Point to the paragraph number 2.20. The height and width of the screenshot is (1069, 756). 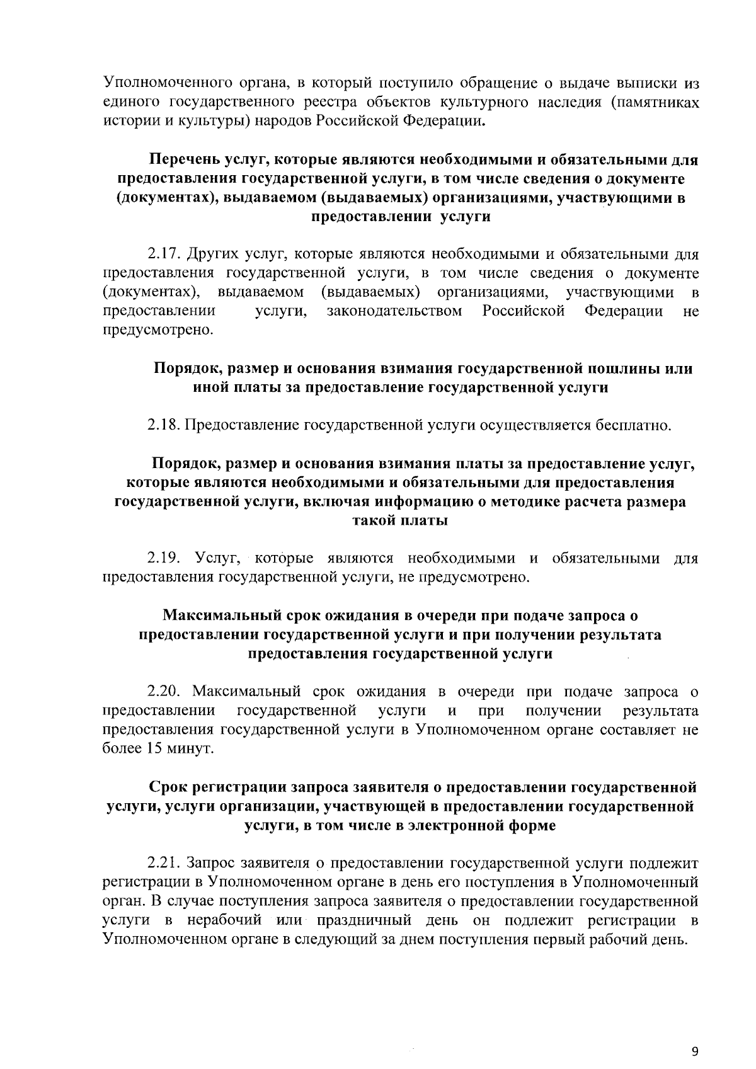coord(164,692)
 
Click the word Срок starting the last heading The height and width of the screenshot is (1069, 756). coord(168,787)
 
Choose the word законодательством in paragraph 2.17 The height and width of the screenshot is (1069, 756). coord(394,311)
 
